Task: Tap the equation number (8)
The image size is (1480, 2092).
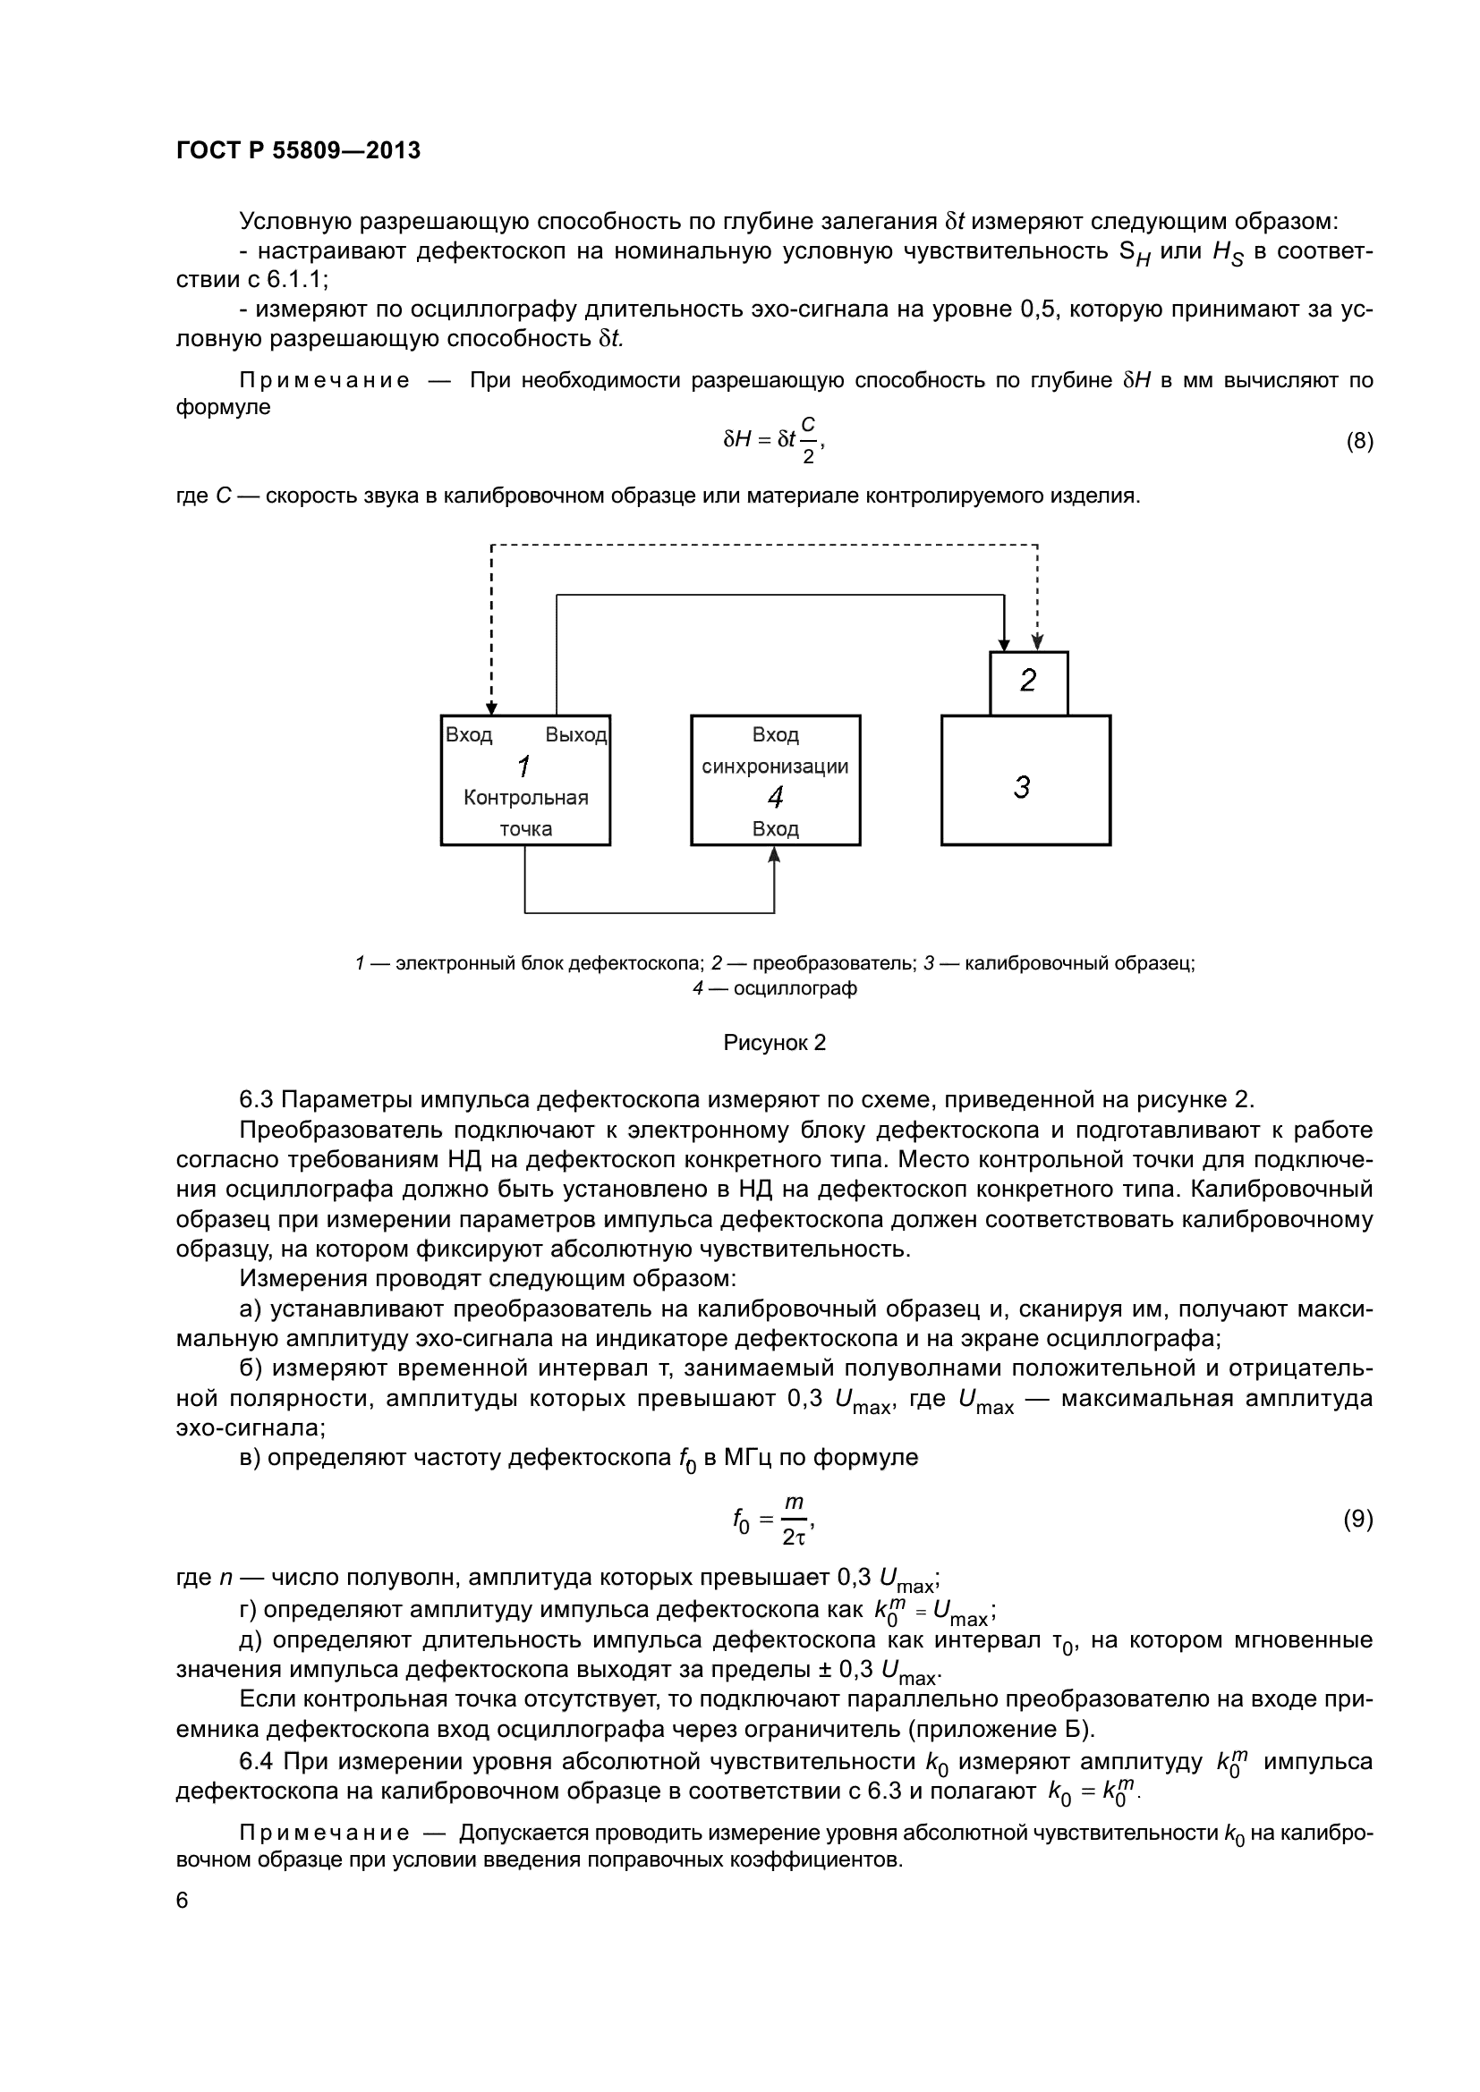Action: click(x=1359, y=442)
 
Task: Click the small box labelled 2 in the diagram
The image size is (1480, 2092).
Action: click(x=1028, y=682)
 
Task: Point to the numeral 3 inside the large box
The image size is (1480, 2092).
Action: click(x=1023, y=786)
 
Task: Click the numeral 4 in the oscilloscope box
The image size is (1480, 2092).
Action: click(x=776, y=798)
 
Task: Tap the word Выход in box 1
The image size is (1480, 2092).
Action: click(x=576, y=735)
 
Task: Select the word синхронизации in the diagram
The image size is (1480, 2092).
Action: click(x=776, y=767)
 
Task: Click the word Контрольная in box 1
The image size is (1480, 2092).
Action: click(x=526, y=798)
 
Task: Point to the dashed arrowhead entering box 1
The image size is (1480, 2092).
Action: click(x=491, y=708)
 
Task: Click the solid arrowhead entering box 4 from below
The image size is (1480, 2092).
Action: click(x=775, y=854)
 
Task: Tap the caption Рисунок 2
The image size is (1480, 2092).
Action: click(x=775, y=1043)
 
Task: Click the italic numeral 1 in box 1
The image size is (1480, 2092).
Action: click(x=524, y=767)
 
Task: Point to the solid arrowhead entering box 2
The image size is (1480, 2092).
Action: click(x=1003, y=644)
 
